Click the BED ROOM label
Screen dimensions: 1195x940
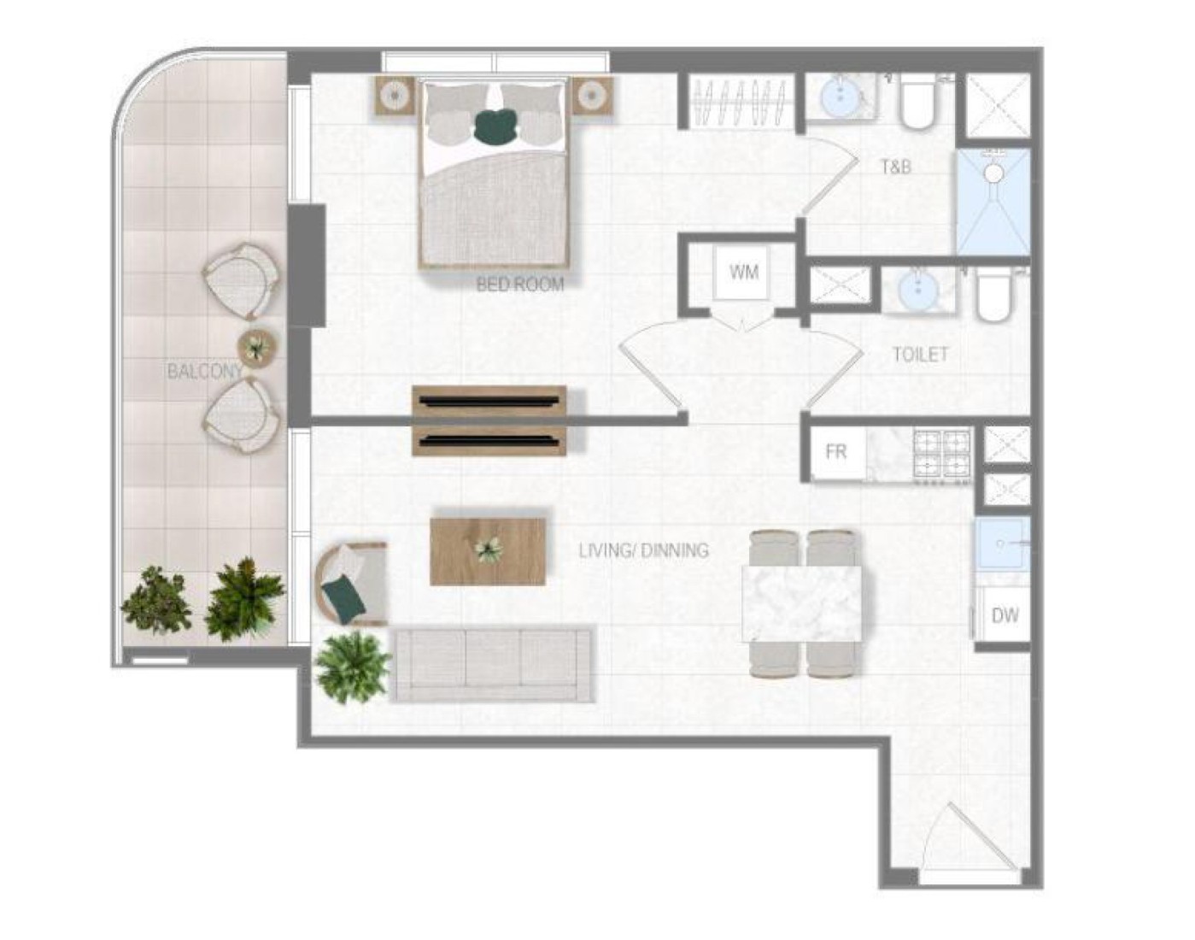click(x=520, y=285)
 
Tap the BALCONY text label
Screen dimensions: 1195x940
click(x=204, y=371)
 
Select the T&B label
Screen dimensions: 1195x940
click(x=896, y=167)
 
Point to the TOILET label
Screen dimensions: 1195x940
click(x=920, y=355)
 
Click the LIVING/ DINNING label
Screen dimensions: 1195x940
click(x=643, y=550)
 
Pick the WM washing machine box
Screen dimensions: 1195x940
click(x=743, y=273)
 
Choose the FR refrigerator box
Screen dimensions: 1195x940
click(x=837, y=452)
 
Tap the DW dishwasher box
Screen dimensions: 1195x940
click(x=1004, y=615)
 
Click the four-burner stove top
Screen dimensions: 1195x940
click(x=942, y=455)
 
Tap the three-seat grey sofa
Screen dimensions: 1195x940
click(x=491, y=665)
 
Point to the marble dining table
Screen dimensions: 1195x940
click(x=802, y=603)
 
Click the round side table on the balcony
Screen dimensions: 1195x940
click(x=257, y=349)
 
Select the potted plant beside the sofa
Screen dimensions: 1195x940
click(x=352, y=667)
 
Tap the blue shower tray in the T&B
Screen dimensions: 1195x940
click(x=993, y=202)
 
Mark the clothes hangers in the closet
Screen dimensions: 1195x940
click(x=741, y=102)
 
